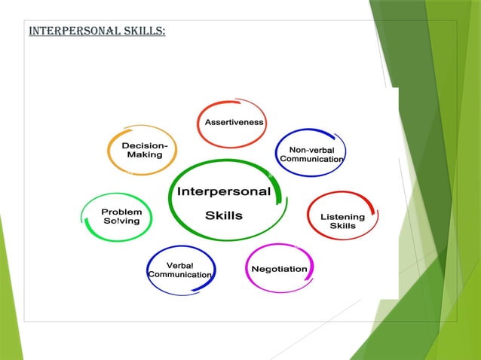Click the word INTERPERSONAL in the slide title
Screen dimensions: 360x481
point(68,32)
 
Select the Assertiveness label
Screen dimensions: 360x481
point(234,122)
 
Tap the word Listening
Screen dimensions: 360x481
point(342,217)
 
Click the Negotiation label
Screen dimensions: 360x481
point(279,269)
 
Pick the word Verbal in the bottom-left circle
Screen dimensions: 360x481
point(180,265)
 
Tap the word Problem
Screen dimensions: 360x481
point(122,212)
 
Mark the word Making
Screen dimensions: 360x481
point(144,154)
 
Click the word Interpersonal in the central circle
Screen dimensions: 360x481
point(223,191)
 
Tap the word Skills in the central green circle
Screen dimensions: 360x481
point(224,215)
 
